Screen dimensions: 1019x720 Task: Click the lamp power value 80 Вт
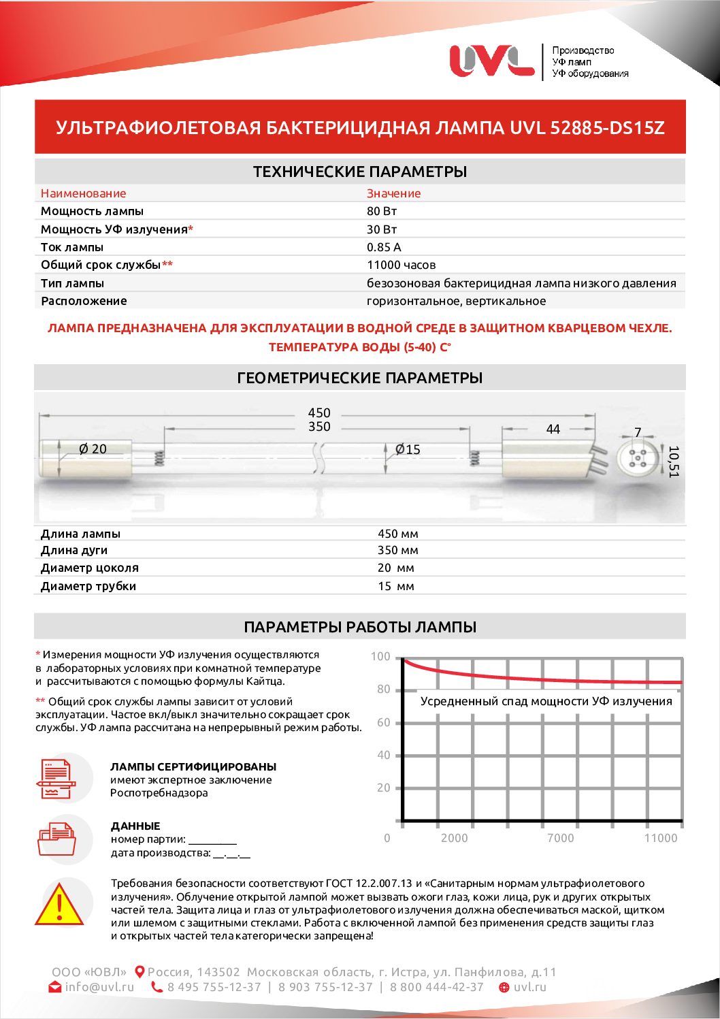382,211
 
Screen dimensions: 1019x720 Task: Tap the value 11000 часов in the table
401,265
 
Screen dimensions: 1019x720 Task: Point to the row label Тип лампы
72,283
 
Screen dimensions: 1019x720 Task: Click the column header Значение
393,193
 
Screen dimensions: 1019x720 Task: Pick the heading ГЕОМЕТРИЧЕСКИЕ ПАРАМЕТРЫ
359,378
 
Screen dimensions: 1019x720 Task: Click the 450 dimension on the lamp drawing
319,413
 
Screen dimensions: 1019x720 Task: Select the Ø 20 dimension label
93,449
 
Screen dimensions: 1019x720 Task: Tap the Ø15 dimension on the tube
408,449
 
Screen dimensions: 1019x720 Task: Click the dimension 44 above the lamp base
553,430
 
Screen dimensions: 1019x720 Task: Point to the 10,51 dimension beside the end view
674,462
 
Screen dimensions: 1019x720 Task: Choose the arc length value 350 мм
397,550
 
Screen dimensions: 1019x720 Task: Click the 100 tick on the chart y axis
380,657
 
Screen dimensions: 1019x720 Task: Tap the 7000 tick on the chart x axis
560,838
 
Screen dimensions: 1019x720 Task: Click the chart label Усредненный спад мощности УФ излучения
546,701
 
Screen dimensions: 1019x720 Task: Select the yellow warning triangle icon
60,905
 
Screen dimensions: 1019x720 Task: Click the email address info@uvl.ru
99,987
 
